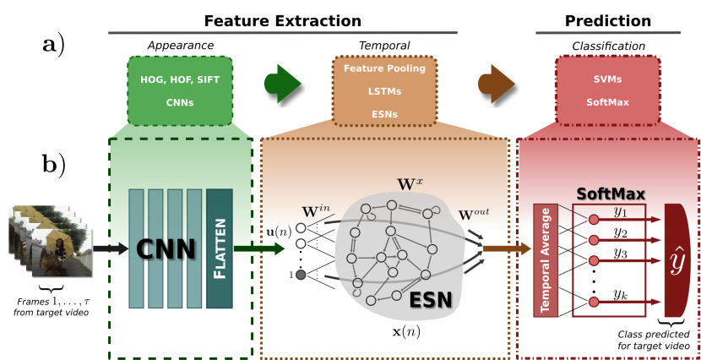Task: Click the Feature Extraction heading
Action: point(283,21)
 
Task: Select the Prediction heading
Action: point(608,21)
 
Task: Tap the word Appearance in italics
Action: point(181,46)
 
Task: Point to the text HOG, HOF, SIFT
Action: point(180,79)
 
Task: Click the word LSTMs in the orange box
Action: point(384,91)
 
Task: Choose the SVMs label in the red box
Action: point(607,79)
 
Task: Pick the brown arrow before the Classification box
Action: point(497,83)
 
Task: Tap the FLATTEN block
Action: point(220,248)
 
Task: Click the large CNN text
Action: point(166,248)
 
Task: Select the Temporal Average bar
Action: point(546,260)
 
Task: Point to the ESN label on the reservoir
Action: point(431,300)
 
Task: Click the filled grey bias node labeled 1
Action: point(301,275)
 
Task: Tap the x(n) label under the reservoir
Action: point(406,332)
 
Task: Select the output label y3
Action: point(620,254)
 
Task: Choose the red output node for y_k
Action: point(594,302)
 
